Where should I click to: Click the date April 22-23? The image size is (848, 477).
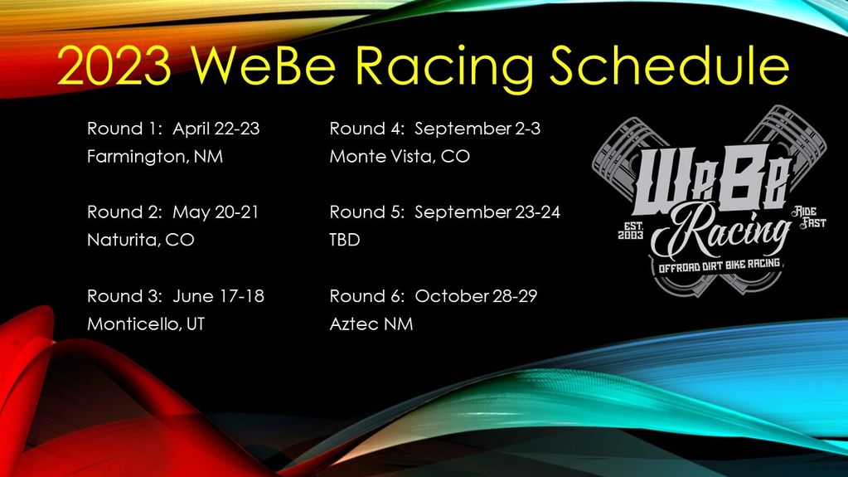221,129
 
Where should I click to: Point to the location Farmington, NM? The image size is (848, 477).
155,156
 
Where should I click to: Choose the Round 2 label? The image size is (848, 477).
124,212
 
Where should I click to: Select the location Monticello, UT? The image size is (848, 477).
146,324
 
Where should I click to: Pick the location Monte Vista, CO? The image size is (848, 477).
400,156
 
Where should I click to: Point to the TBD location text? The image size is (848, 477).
344,239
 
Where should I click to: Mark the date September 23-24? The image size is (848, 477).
487,212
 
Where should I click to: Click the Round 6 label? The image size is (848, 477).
367,296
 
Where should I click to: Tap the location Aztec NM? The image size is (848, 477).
371,324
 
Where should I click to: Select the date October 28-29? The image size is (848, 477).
477,296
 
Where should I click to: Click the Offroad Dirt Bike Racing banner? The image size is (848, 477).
710,264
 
